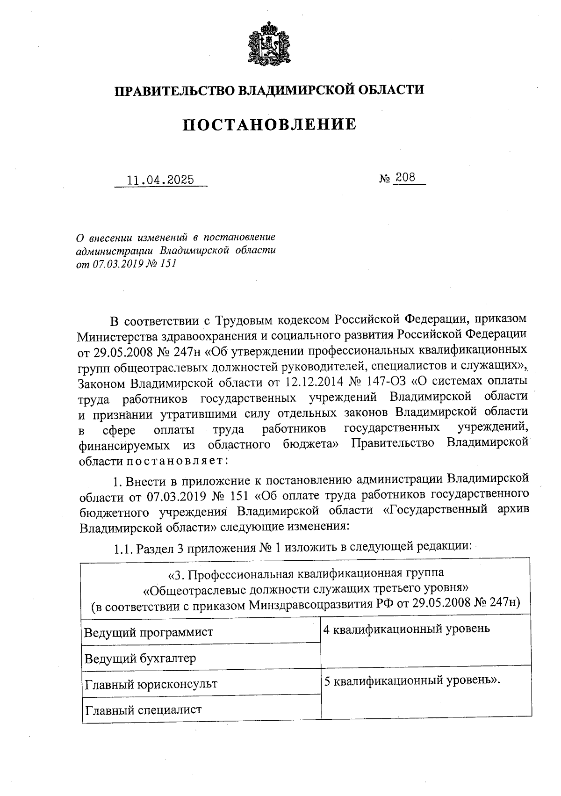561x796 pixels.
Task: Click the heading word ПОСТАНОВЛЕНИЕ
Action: pyautogui.click(x=269, y=124)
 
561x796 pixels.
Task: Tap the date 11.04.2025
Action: pyautogui.click(x=160, y=180)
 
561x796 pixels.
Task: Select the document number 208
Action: pyautogui.click(x=405, y=178)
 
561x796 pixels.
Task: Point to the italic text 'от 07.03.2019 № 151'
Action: pyautogui.click(x=126, y=263)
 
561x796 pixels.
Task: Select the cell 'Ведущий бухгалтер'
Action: pyautogui.click(x=140, y=659)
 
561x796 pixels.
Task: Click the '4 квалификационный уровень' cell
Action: pyautogui.click(x=407, y=629)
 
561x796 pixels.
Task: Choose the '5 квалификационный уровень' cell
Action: pyautogui.click(x=412, y=680)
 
